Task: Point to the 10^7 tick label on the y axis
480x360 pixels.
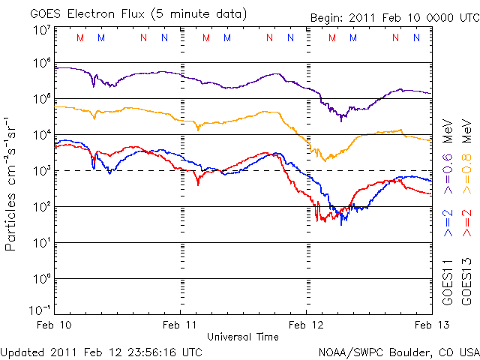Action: [x=42, y=31]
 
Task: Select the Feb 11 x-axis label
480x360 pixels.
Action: [x=181, y=325]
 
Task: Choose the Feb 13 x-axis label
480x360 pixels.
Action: [x=430, y=325]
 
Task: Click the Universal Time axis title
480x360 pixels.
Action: [x=242, y=337]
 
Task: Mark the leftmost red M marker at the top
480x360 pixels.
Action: [x=80, y=37]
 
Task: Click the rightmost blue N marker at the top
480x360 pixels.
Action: [x=416, y=37]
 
